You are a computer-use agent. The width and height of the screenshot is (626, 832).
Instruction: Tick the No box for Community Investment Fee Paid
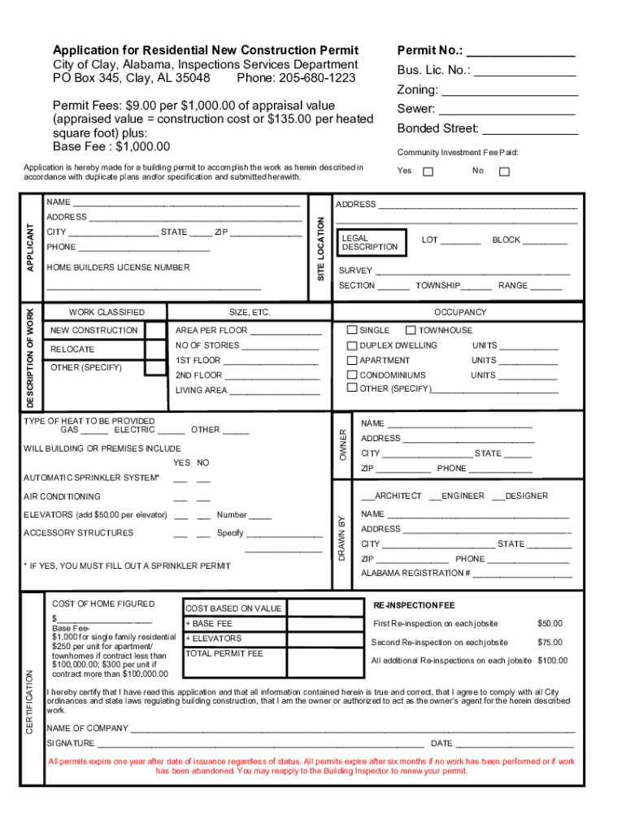504,171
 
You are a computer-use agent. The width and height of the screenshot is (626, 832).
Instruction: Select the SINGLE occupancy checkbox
352,331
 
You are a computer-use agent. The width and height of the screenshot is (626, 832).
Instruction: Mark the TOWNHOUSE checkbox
411,331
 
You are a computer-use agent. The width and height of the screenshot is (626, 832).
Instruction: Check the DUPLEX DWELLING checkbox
352,345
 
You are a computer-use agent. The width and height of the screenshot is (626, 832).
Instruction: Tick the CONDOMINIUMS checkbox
352,375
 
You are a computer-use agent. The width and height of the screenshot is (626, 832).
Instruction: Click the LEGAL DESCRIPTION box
370,241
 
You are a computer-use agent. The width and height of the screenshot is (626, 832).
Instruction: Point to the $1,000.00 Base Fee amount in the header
143,146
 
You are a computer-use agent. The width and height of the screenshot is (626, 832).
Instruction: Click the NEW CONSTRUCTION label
93,331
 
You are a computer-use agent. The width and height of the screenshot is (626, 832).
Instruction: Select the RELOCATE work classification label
72,349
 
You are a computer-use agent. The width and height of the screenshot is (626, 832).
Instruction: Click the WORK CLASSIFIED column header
107,312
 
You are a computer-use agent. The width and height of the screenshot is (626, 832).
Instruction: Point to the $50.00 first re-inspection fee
550,624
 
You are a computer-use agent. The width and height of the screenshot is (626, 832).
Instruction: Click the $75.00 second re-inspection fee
550,643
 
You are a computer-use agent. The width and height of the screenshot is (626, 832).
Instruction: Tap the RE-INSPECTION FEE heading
414,606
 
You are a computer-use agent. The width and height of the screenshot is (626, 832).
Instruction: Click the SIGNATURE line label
70,743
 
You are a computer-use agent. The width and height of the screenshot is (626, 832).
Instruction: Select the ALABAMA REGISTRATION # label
415,574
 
